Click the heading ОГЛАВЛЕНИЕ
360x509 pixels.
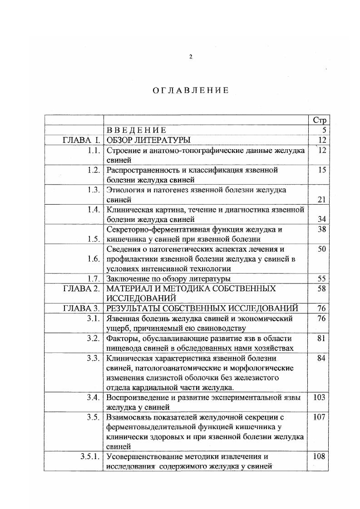(190, 90)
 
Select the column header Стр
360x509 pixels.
(319, 120)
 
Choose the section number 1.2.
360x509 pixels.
(94, 170)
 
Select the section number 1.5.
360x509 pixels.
(94, 239)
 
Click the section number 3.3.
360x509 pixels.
(94, 358)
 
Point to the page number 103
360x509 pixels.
(319, 397)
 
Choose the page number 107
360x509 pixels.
(319, 417)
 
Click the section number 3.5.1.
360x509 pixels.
(90, 456)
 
